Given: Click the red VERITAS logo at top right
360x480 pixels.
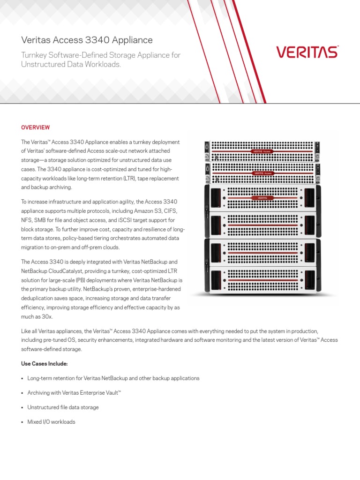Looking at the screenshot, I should (x=307, y=52).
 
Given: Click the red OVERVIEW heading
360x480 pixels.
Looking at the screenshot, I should (x=36, y=127).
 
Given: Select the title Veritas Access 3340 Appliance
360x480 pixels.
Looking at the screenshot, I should (x=87, y=41).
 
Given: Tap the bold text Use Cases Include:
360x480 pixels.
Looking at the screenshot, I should (x=44, y=363).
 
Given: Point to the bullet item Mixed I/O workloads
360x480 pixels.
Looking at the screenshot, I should (x=51, y=422).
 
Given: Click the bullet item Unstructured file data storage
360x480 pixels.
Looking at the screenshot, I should (x=63, y=407).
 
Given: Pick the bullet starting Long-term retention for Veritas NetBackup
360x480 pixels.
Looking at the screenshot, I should (x=113, y=378).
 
